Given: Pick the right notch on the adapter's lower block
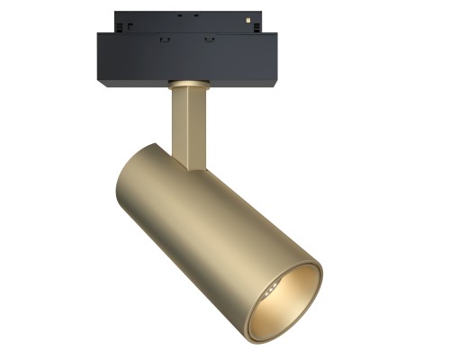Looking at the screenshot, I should (210, 40).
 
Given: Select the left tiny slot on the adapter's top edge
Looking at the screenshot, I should (180, 15).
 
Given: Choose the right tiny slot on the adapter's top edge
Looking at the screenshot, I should (195, 15).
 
